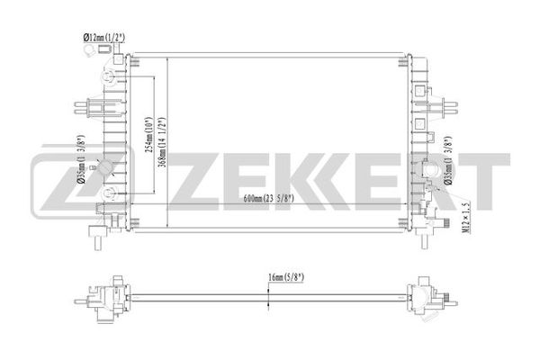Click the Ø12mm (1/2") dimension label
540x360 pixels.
click(x=104, y=38)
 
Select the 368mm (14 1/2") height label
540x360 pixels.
click(x=161, y=142)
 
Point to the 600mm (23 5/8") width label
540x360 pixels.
click(x=268, y=198)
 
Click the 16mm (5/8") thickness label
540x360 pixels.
click(x=286, y=277)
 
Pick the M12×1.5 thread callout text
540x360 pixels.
click(x=466, y=218)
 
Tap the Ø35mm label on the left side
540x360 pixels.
click(x=81, y=158)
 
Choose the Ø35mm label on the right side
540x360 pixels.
click(x=448, y=161)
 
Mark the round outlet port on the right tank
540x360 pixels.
click(x=430, y=170)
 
